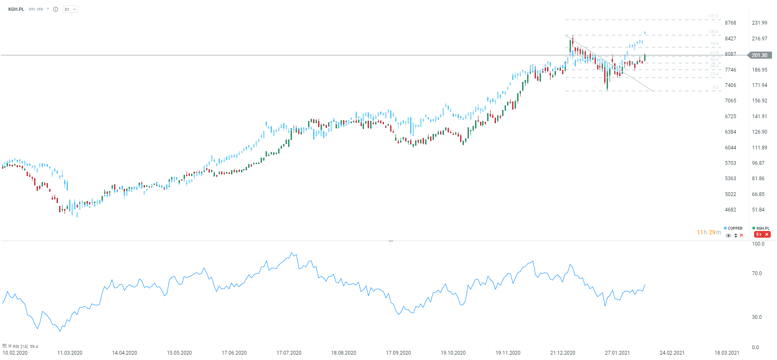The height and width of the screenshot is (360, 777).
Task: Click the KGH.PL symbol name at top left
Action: click(16, 9)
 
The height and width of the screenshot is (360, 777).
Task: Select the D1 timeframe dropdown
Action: click(70, 9)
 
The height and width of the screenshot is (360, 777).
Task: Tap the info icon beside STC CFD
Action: click(55, 9)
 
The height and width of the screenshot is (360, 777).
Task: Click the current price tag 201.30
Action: click(760, 55)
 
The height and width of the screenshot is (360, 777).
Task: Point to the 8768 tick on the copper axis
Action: click(730, 23)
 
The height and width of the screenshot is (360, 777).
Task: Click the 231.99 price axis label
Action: click(760, 23)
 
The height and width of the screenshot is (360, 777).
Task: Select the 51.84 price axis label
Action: click(758, 210)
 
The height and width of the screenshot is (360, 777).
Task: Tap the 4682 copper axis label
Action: click(730, 210)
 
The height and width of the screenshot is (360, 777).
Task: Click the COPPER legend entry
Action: click(735, 228)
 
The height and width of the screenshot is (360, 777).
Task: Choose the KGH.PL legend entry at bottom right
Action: click(762, 228)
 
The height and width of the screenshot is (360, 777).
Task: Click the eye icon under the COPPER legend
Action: click(728, 236)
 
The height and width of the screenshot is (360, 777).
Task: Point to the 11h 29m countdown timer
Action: click(709, 232)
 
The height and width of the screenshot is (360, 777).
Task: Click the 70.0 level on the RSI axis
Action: click(757, 273)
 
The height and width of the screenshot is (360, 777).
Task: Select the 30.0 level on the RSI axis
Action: click(757, 317)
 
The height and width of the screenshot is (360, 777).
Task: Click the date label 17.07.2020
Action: click(289, 353)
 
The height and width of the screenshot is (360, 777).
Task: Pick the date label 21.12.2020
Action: click(563, 353)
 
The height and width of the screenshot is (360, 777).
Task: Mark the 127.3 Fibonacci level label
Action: click(713, 17)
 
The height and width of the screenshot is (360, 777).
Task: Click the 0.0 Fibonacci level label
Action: click(715, 87)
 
